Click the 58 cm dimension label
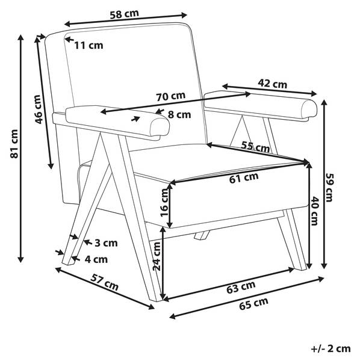tap(124, 14)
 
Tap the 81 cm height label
tap(14, 144)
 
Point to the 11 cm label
tap(88, 45)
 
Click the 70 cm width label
tap(171, 96)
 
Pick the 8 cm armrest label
tap(179, 114)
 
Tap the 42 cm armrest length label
tap(273, 84)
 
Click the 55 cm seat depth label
tap(255, 146)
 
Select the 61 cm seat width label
tap(244, 177)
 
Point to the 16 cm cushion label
tap(165, 202)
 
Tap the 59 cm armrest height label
tap(329, 188)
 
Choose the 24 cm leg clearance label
tap(157, 256)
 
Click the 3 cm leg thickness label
tap(106, 243)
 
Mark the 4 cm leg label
tap(96, 259)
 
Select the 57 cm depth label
tap(104, 283)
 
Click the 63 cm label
tap(241, 287)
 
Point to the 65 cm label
tap(253, 304)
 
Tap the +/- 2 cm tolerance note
tap(331, 349)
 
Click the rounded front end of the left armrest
tap(160, 126)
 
